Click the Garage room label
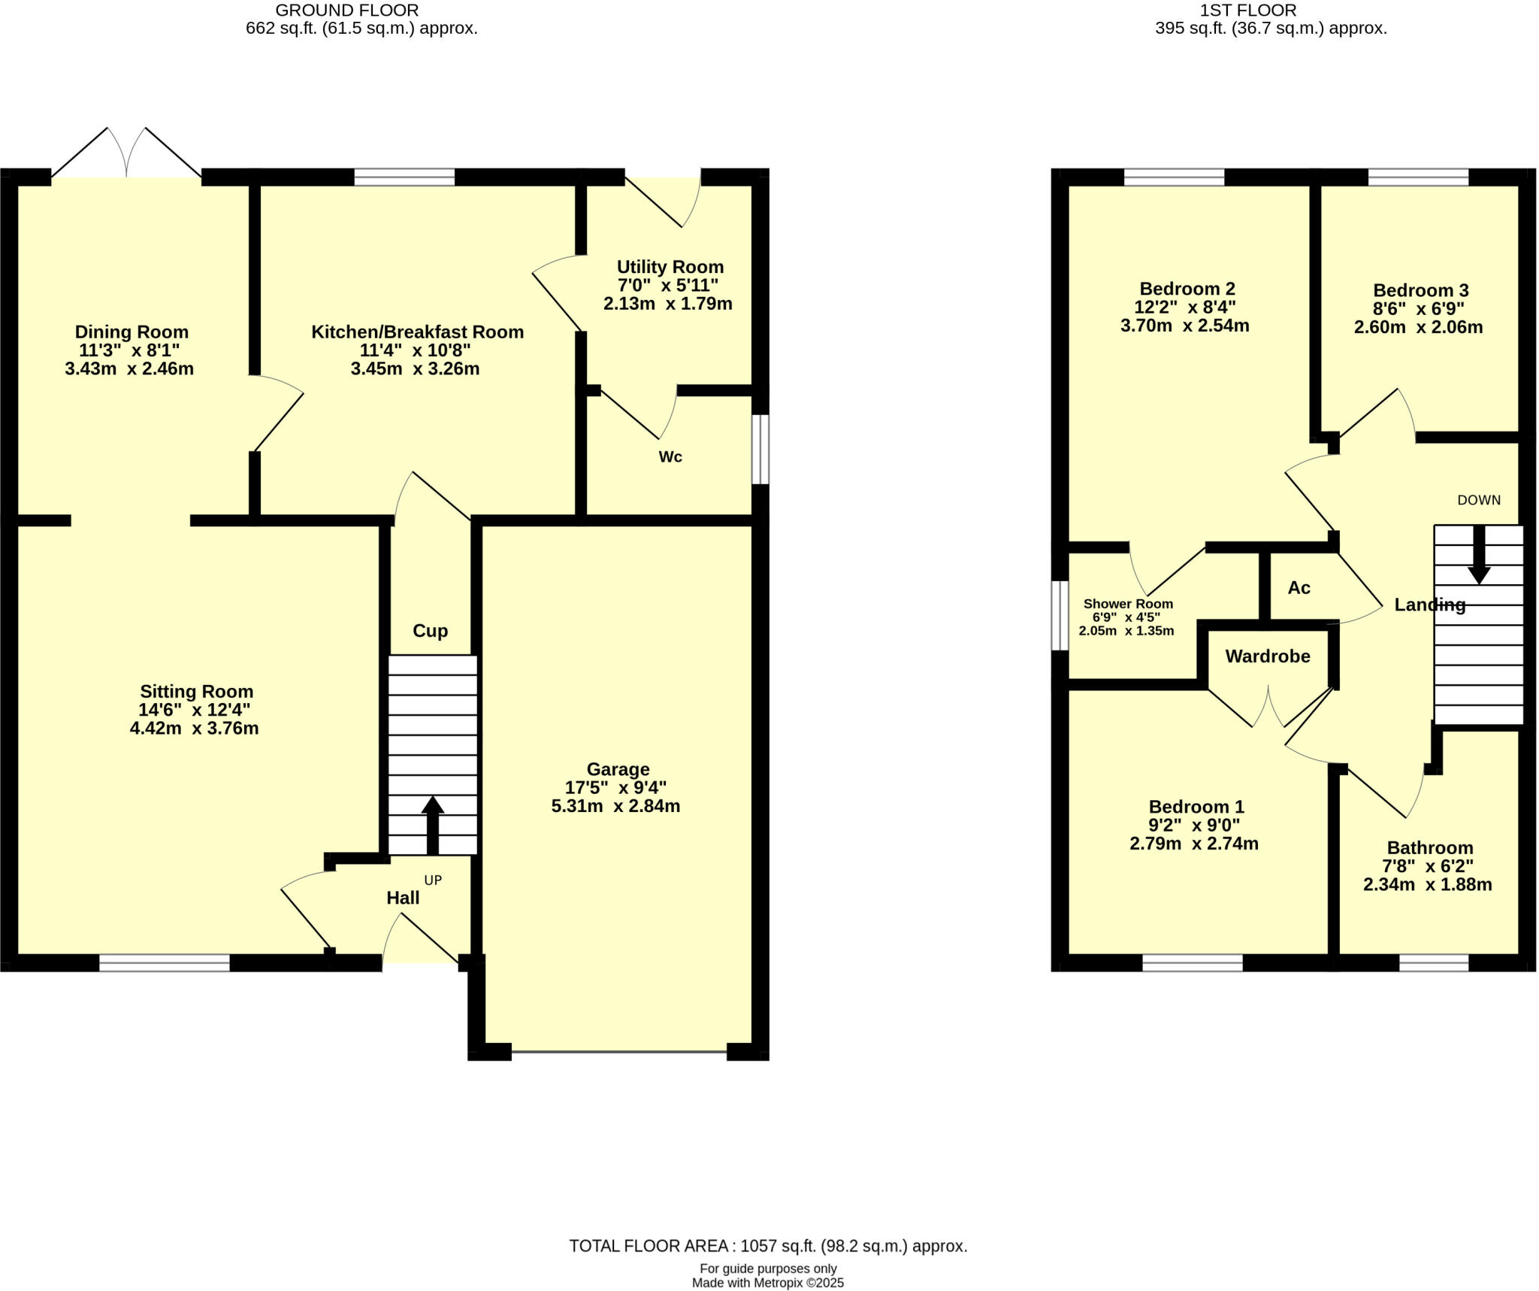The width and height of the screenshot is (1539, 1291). pos(618,769)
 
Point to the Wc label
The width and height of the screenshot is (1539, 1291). pos(670,457)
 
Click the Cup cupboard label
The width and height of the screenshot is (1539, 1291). pos(430,631)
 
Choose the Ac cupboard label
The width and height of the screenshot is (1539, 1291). pos(1299,588)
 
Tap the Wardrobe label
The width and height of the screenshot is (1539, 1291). pos(1268,656)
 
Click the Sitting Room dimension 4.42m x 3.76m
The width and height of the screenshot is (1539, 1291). pos(195,729)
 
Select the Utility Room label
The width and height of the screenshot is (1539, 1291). pos(670,267)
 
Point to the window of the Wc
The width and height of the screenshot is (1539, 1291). pos(760,450)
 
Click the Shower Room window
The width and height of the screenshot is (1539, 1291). pos(1060,615)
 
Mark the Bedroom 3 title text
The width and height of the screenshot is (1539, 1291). pos(1420,290)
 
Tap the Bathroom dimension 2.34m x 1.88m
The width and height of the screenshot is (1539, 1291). pos(1427,885)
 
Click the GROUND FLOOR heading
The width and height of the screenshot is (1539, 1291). pos(347,11)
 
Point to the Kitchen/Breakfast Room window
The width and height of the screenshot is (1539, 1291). pos(404,177)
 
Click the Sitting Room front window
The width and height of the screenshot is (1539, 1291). pos(165,963)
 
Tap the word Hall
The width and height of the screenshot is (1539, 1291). pos(403,898)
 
